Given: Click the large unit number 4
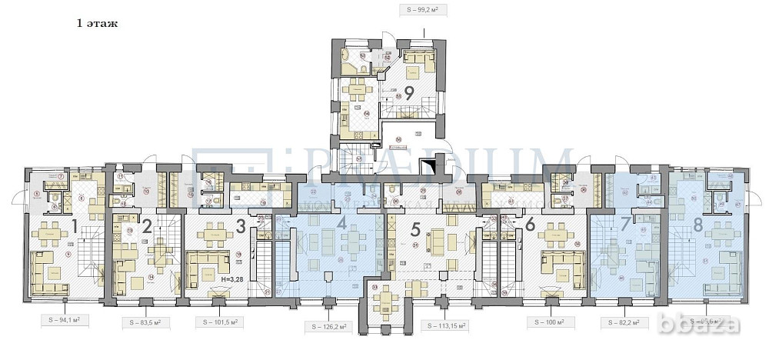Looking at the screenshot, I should [341, 228].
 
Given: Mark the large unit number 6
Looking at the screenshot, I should [530, 225].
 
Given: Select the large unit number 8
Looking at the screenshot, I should [698, 225].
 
